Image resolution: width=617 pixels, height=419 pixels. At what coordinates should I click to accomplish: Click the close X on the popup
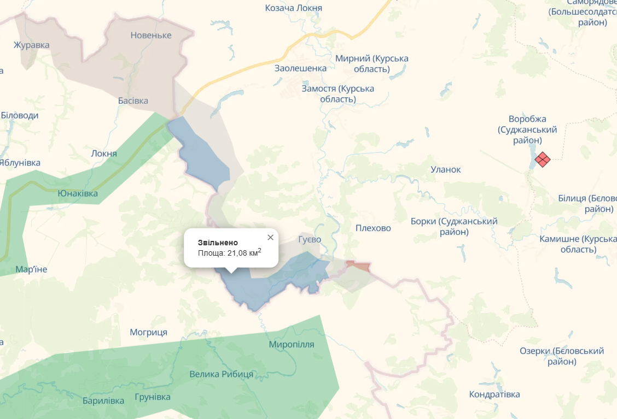coord(270,237)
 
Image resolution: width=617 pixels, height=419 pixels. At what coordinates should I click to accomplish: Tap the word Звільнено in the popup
coord(218,242)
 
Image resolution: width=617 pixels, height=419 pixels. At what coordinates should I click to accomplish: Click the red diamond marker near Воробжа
coord(542,159)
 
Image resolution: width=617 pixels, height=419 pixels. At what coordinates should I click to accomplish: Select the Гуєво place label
coord(310,239)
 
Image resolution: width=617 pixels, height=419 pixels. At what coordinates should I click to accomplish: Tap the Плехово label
coord(373,228)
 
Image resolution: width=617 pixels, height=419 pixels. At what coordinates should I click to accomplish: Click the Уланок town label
coord(446,169)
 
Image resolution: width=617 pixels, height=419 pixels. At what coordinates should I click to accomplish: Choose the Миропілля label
coord(292,344)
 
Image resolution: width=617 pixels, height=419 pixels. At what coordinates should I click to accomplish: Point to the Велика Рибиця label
coord(222,374)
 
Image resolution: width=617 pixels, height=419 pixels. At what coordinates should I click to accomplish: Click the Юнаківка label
coord(78,193)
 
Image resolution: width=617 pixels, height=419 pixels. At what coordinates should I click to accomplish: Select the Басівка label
coord(133,101)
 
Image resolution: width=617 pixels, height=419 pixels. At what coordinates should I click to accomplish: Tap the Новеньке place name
coord(151,36)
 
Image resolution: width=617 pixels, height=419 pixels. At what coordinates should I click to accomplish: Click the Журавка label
coord(32,45)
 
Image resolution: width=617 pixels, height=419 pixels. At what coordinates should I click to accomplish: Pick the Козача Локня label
coord(294,8)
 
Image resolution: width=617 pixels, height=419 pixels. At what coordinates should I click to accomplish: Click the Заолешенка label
coord(300,68)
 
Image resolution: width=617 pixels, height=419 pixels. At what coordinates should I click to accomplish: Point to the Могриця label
coord(148,332)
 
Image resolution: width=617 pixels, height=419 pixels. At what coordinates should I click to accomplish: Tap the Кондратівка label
coord(494,394)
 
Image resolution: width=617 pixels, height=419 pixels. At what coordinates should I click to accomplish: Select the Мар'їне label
coord(31,269)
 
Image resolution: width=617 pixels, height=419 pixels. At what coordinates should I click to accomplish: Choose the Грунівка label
coord(153,397)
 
